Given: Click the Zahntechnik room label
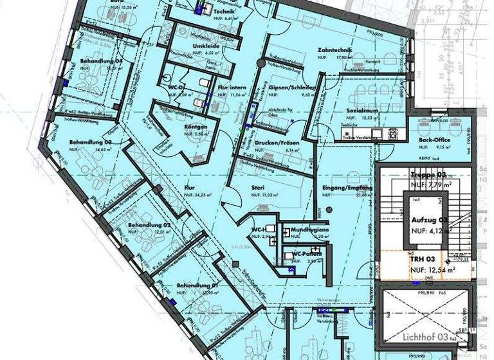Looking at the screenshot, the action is pyautogui.click(x=333, y=50).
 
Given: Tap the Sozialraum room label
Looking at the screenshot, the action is pyautogui.click(x=360, y=111).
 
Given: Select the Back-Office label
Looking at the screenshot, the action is pyautogui.click(x=433, y=139).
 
